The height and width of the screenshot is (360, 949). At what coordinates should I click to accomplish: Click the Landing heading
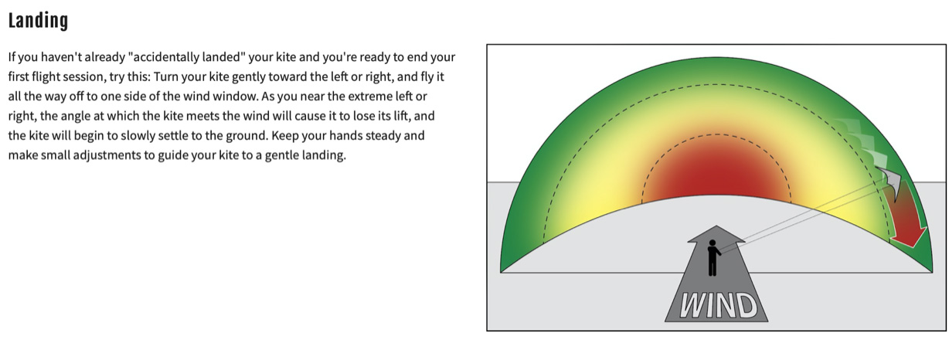click(38, 21)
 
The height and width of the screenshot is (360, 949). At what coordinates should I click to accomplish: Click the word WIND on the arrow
click(717, 305)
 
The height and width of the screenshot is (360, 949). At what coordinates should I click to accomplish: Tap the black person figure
click(713, 258)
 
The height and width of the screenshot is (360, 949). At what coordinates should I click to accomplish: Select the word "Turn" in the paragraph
click(165, 76)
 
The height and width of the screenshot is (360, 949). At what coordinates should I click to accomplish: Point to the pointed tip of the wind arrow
click(716, 226)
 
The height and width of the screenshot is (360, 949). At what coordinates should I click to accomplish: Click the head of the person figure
click(713, 243)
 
